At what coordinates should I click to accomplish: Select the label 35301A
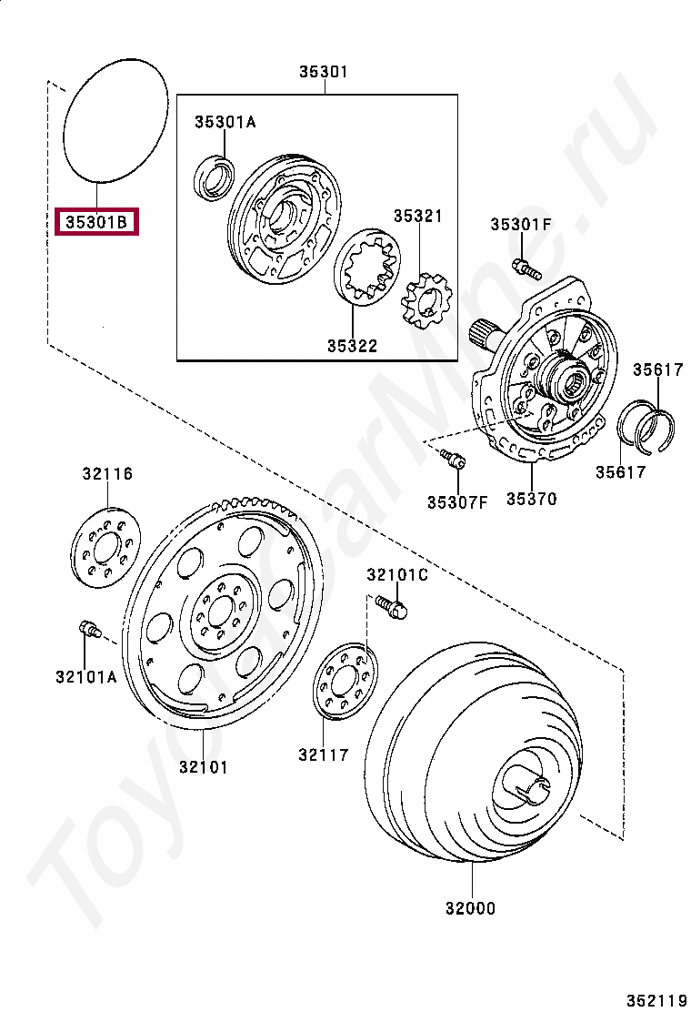225,122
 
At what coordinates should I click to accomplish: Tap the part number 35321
417,216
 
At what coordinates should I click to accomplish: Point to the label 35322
353,346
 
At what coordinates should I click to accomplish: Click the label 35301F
521,225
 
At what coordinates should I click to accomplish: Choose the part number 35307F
457,501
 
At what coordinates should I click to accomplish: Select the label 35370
532,499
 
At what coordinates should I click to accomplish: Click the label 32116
107,473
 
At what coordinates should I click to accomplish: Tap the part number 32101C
396,574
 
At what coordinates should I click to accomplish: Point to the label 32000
471,907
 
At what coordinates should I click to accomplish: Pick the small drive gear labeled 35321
426,304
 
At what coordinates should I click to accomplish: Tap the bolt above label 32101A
88,630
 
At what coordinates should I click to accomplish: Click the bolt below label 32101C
392,607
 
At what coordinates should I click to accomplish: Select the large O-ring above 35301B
117,118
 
